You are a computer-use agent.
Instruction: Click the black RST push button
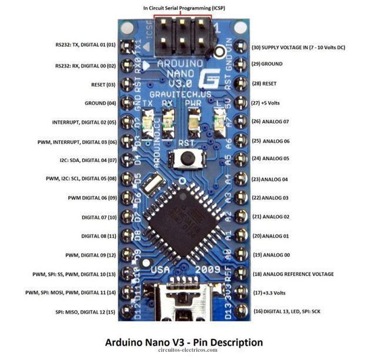[188, 158]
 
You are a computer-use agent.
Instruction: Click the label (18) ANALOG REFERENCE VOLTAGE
[293, 274]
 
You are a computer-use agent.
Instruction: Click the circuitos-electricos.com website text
[183, 351]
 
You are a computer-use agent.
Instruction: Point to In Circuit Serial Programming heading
[183, 8]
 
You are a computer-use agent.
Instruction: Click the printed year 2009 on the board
[209, 270]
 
